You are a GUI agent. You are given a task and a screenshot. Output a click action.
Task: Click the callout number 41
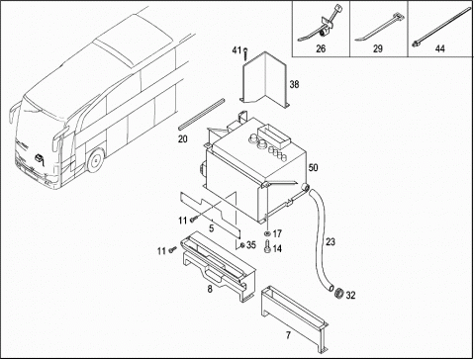click(x=237, y=50)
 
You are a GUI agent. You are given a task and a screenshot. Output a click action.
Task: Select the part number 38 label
click(x=294, y=84)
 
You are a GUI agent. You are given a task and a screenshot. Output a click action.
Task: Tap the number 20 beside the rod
click(x=183, y=139)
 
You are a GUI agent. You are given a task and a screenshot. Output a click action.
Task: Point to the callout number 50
click(x=313, y=167)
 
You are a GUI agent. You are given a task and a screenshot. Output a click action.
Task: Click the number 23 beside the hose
click(x=331, y=242)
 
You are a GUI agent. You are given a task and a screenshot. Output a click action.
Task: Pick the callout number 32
click(x=350, y=295)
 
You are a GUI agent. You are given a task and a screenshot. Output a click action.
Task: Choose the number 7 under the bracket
click(x=288, y=335)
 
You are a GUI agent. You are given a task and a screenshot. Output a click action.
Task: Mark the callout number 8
click(x=210, y=289)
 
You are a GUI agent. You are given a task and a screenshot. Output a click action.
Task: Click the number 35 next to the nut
click(x=251, y=245)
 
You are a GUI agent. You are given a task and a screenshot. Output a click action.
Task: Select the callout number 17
click(x=277, y=233)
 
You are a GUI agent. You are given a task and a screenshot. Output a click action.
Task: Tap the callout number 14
click(x=277, y=248)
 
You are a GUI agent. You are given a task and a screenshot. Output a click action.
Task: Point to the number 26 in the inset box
click(x=321, y=48)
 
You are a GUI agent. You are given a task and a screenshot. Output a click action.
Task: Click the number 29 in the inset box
click(x=378, y=48)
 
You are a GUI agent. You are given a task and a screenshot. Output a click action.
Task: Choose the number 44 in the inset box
click(x=440, y=48)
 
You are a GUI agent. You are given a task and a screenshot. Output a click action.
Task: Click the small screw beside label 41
click(x=245, y=53)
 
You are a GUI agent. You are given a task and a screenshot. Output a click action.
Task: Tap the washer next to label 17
click(x=267, y=233)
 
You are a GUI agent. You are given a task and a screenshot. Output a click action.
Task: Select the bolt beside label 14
click(x=267, y=246)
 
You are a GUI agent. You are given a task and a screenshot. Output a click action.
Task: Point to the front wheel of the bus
click(x=95, y=160)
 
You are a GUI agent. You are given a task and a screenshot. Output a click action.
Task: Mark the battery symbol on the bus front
click(x=40, y=158)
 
